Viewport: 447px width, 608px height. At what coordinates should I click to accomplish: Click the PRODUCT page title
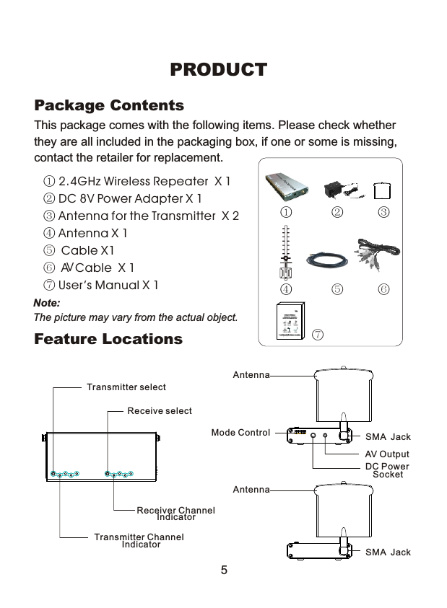[218, 70]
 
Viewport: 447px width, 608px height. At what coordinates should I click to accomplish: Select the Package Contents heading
[109, 106]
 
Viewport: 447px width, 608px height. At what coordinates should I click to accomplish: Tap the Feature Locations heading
[108, 339]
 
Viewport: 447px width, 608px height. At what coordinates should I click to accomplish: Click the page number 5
[224, 570]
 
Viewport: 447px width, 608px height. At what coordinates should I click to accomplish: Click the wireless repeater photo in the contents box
[286, 187]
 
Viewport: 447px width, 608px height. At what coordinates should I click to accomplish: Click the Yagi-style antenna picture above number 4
[287, 252]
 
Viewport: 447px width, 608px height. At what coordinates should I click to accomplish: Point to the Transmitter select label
[126, 387]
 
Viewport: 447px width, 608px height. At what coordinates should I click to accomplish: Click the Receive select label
[160, 411]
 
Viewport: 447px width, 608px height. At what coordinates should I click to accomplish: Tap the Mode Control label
[240, 433]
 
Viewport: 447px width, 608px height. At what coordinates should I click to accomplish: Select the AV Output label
[387, 454]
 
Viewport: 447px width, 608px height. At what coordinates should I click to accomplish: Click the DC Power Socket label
[387, 470]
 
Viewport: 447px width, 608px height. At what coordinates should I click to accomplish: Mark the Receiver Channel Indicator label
[175, 514]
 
